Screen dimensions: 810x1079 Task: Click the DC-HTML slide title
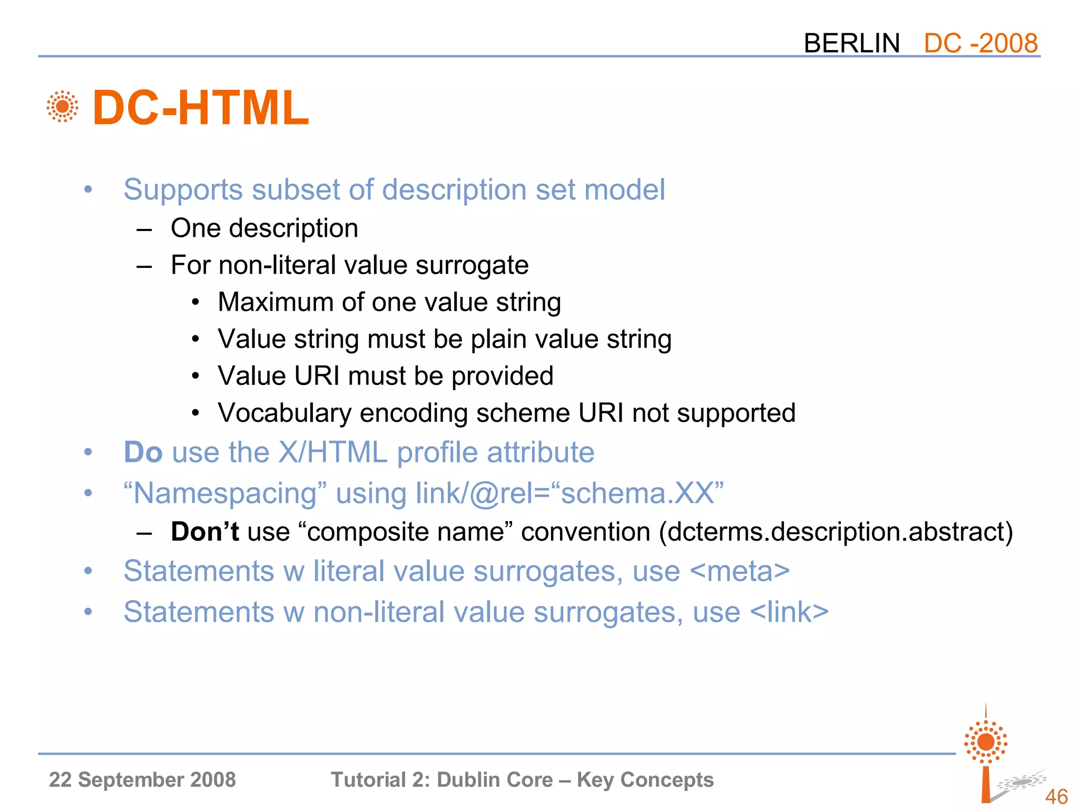(x=200, y=108)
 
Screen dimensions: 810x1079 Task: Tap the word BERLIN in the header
(x=851, y=43)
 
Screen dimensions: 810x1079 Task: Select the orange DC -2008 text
(x=980, y=43)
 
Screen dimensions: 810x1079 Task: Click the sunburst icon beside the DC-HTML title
(x=62, y=107)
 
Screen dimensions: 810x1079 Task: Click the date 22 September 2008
(x=142, y=779)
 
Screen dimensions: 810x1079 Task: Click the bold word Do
(x=143, y=452)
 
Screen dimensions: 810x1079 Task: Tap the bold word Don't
(x=205, y=532)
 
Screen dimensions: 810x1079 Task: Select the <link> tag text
(x=789, y=612)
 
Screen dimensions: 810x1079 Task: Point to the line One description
(x=264, y=228)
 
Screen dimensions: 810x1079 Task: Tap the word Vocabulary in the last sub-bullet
(x=285, y=413)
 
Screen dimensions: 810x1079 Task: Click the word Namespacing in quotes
(x=225, y=494)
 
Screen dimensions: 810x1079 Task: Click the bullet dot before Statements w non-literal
(x=88, y=612)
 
